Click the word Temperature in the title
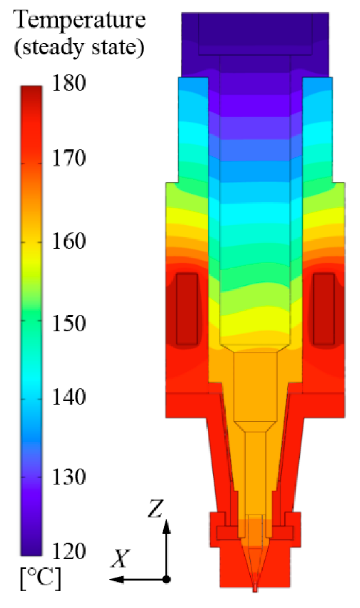80,20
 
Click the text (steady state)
79,47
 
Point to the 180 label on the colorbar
69,84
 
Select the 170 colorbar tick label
69,159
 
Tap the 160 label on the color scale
69,242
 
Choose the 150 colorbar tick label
69,323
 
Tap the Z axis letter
154,509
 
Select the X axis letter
120,559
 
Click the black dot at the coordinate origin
167,579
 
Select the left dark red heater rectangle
187,309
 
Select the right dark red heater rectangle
324,309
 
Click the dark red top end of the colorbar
31,91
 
